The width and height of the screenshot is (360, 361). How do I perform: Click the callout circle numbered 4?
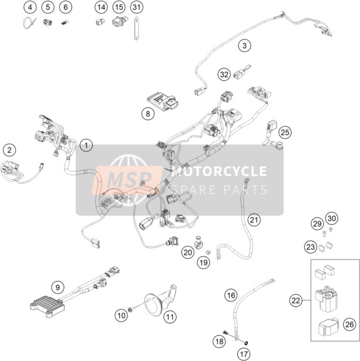point(30,8)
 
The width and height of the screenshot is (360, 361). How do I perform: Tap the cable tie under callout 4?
point(29,23)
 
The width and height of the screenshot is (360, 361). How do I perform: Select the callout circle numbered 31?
point(136,8)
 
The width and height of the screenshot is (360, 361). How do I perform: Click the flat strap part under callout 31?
point(137,29)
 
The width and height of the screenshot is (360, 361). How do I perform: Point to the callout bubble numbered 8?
point(148,113)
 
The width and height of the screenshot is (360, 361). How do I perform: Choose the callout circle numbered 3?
point(244,46)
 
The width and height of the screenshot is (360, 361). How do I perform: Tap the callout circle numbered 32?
point(224,74)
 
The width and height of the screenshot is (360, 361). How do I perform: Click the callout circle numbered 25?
point(285,133)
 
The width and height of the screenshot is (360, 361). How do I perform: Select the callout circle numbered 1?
point(86,146)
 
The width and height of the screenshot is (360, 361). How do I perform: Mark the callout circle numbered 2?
point(9,150)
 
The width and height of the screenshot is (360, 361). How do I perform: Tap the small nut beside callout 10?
point(130,310)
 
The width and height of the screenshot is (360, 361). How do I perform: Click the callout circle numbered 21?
point(254,220)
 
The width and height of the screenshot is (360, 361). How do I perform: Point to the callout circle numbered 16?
point(231,295)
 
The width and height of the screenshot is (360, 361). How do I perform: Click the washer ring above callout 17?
point(246,343)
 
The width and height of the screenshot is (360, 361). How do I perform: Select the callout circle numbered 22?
point(296,300)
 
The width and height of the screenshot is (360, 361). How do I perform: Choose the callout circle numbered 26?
point(349,324)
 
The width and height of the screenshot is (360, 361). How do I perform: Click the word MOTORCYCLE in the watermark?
point(219,171)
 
